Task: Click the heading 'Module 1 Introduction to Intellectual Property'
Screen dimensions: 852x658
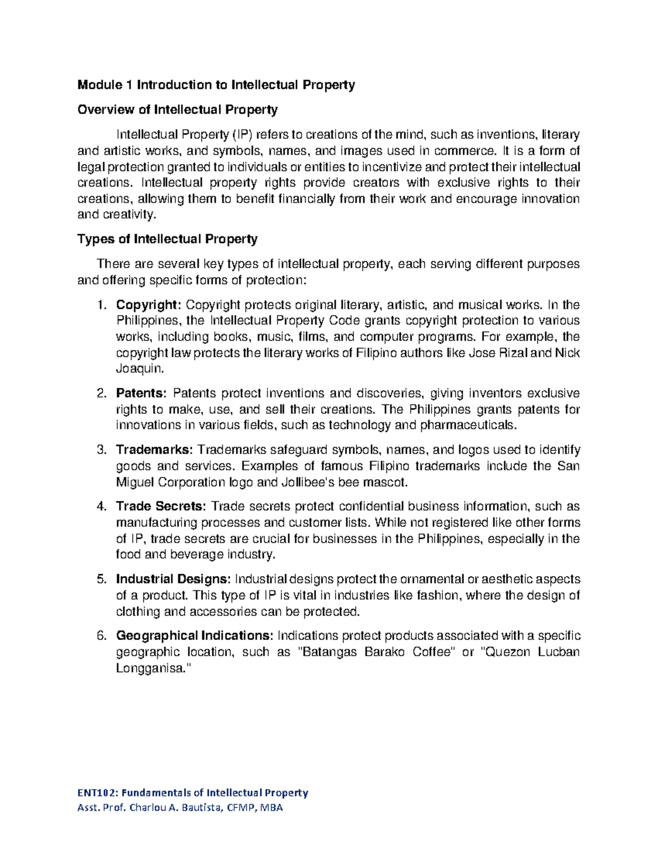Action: click(216, 85)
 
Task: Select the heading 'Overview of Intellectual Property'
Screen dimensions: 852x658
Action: click(177, 110)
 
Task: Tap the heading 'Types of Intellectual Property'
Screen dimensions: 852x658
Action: click(167, 239)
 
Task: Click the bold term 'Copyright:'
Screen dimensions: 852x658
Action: click(148, 305)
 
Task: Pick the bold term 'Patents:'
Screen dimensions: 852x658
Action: click(141, 393)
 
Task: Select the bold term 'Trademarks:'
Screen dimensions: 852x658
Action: click(154, 450)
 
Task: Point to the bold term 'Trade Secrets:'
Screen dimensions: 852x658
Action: click(161, 506)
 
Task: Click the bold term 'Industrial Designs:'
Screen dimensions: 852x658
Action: click(173, 579)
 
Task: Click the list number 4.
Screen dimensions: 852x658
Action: click(101, 506)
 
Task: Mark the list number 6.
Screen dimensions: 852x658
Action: click(101, 636)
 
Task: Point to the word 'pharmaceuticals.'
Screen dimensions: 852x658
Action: click(468, 425)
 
